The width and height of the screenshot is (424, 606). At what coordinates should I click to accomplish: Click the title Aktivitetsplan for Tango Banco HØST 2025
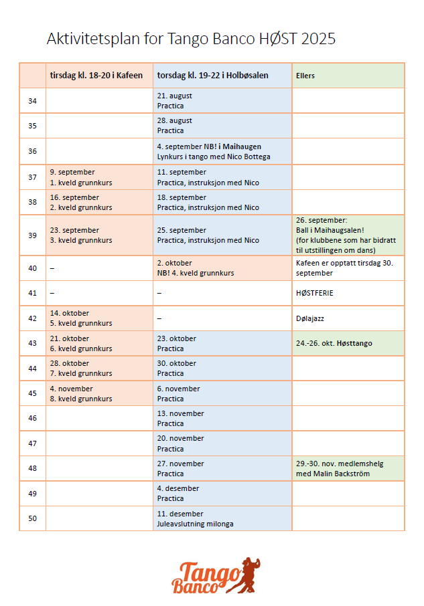tap(191, 39)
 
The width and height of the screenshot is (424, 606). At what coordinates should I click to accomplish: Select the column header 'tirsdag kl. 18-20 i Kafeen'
tap(96, 76)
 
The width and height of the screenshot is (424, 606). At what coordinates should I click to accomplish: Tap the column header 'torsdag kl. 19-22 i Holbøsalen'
tap(212, 76)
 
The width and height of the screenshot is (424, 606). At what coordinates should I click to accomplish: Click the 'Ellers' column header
tap(305, 76)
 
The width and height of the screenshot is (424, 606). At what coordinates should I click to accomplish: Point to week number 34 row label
tap(32, 101)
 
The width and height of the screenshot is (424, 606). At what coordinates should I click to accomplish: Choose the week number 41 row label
tap(32, 293)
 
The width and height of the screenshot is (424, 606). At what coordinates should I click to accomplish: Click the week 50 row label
tap(32, 518)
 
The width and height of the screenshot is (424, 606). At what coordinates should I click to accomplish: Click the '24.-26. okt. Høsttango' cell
tap(334, 343)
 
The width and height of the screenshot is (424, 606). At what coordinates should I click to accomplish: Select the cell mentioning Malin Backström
tap(340, 469)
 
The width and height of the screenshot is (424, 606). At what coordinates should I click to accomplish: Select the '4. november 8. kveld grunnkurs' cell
tap(80, 393)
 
